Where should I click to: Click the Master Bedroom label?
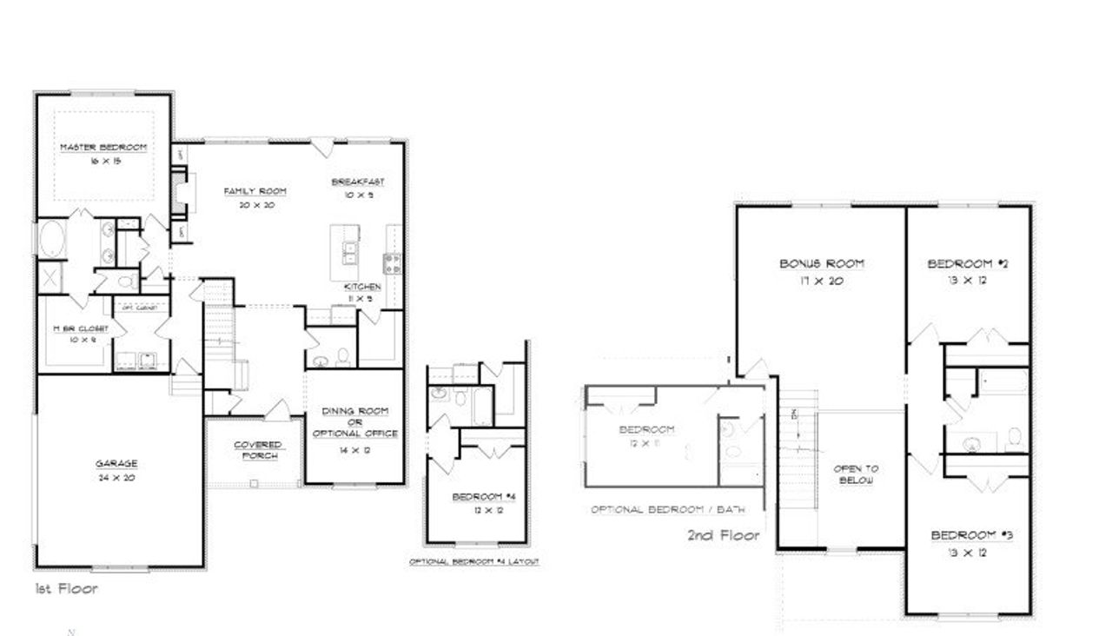[x=103, y=148]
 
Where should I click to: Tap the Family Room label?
[x=255, y=191]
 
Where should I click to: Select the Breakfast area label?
[x=358, y=182]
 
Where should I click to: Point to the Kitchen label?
[x=362, y=287]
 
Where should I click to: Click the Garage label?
[x=116, y=464]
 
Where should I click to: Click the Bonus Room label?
[x=821, y=264]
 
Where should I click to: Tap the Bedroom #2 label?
[x=966, y=264]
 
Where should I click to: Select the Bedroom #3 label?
[x=971, y=535]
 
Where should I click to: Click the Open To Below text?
[x=855, y=474]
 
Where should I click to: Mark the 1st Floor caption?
[x=66, y=589]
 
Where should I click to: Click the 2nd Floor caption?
[x=723, y=536]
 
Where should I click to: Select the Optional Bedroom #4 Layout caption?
[x=474, y=562]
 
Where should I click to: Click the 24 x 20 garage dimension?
[x=116, y=477]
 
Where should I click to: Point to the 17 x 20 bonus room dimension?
[x=821, y=281]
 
